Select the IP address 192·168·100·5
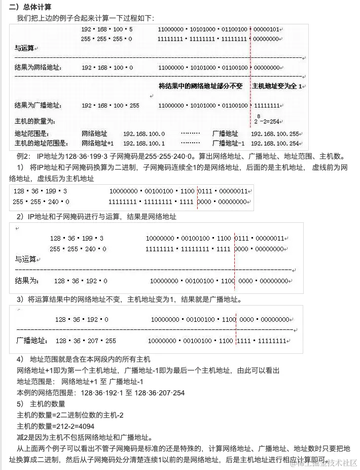pos(106,29)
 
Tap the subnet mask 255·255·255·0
pos(106,39)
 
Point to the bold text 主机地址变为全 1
pos(277,86)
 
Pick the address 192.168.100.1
pos(144,143)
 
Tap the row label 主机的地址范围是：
pos(42,143)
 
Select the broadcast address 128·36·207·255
pos(86,341)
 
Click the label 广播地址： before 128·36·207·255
pos(32,341)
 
